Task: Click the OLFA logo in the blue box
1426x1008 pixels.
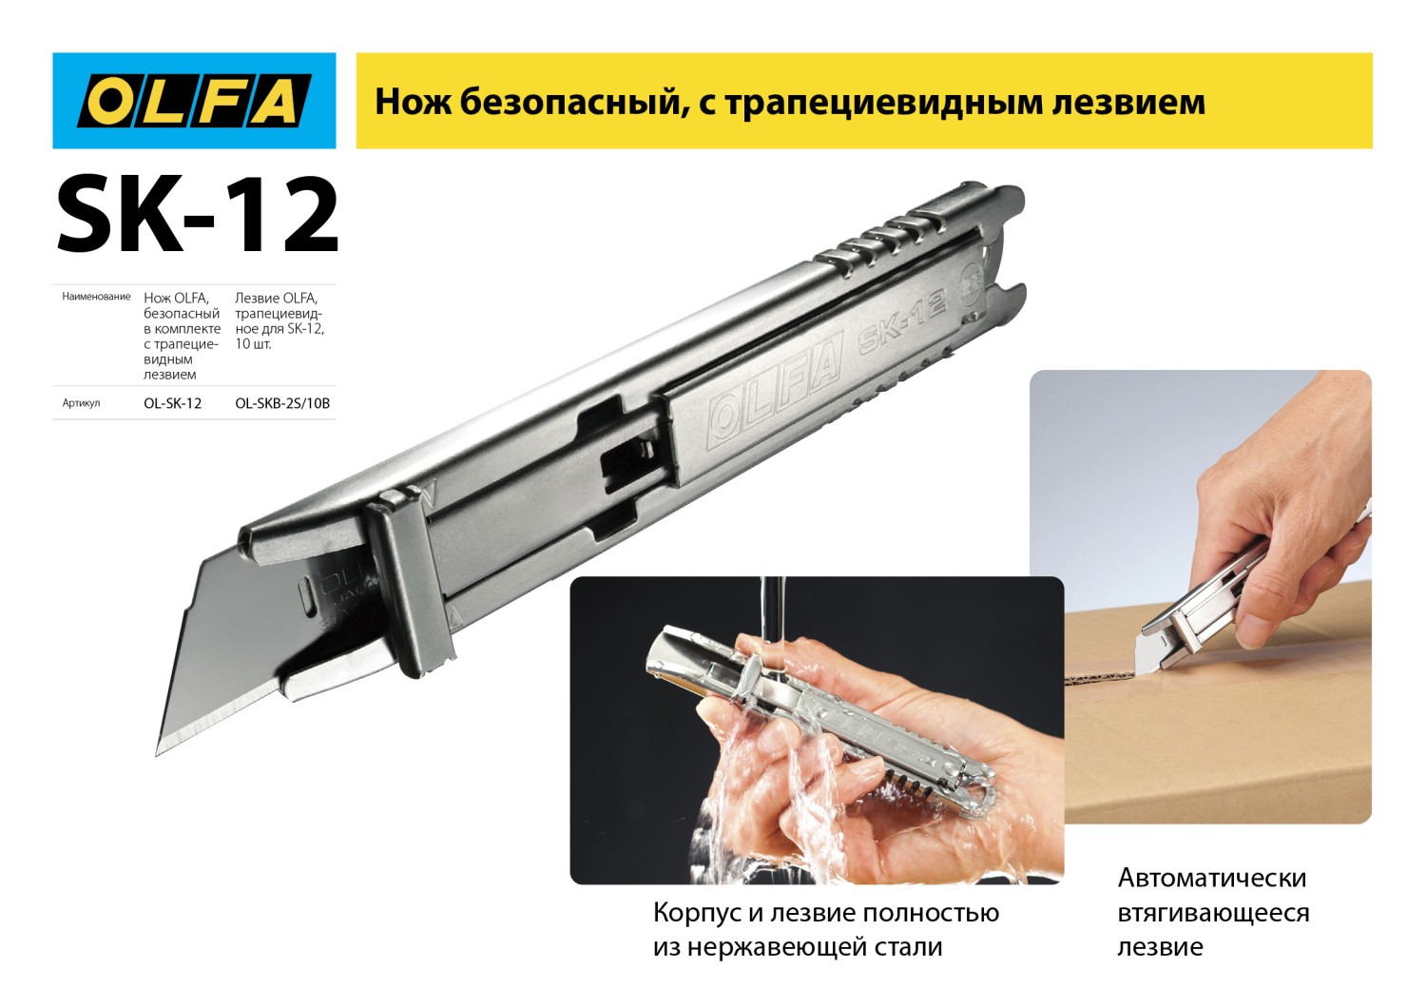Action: [194, 101]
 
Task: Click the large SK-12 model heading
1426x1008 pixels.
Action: [197, 216]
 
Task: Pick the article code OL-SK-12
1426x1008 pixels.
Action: [172, 403]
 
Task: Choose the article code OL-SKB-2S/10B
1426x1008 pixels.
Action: [282, 403]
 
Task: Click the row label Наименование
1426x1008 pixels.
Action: [96, 297]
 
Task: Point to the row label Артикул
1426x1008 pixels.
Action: [81, 403]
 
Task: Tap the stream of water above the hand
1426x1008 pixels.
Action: [773, 609]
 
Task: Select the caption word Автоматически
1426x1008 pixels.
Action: [1211, 877]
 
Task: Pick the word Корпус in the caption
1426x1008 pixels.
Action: [697, 913]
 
